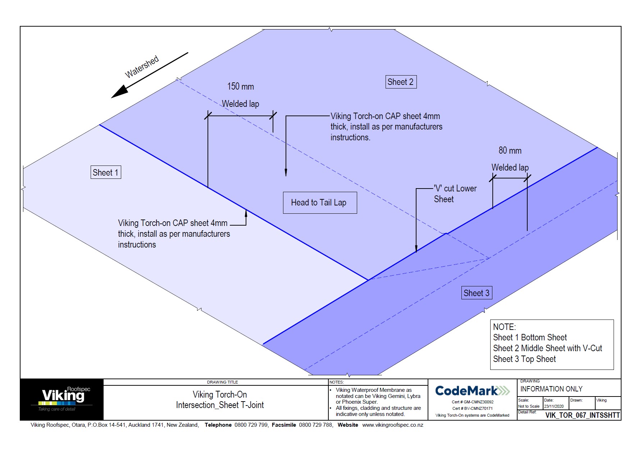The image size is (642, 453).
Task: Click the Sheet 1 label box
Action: coord(105,172)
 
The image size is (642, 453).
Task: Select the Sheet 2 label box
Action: coord(401,82)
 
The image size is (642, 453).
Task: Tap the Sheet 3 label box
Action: coord(476,293)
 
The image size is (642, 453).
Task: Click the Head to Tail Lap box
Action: coord(319,203)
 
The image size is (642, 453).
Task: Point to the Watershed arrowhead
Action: coord(118,92)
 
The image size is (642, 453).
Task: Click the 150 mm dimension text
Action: coord(240,87)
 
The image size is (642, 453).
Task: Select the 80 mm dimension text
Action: coord(510,151)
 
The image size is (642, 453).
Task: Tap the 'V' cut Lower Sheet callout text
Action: coord(455,194)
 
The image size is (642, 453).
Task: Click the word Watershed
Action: coord(142,67)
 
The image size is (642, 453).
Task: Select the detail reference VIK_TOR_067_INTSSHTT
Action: coord(582,415)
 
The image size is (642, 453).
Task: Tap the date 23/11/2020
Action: coord(554,406)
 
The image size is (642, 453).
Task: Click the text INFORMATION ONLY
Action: coord(551,389)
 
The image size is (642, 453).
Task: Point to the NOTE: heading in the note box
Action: coord(504,327)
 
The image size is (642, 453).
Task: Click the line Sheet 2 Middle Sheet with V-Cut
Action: coord(547,348)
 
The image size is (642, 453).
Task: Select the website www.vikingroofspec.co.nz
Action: coord(392,425)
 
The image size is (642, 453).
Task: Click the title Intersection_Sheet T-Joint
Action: coord(220,405)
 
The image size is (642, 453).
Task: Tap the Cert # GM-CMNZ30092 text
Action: coord(472,402)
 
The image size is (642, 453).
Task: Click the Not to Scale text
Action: coord(528,406)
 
